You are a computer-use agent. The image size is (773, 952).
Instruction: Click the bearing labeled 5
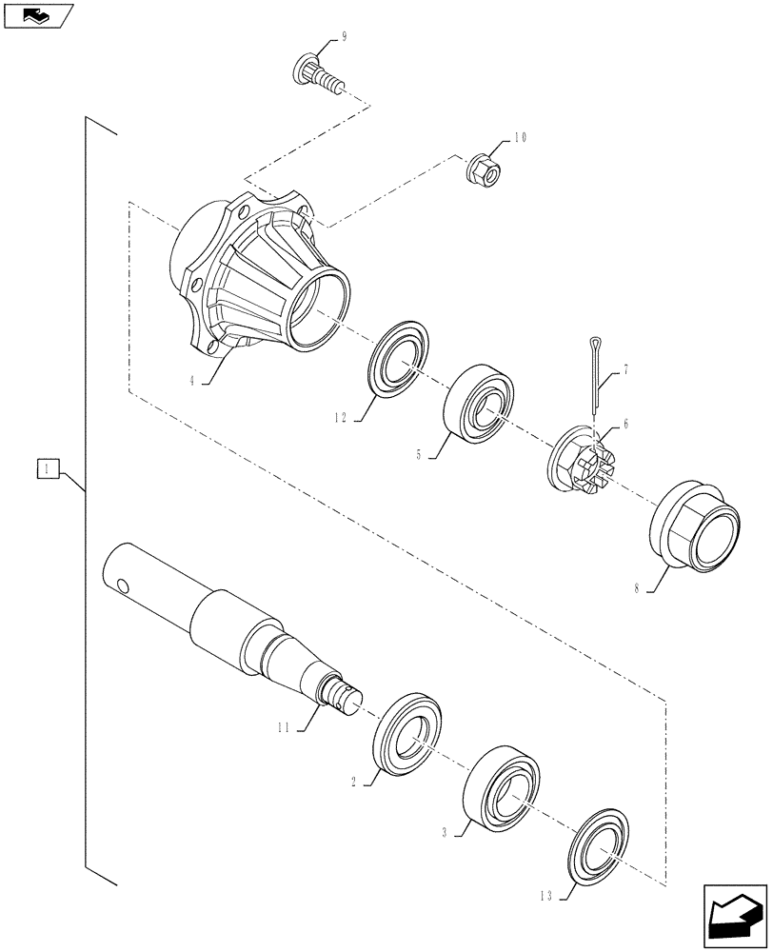coord(480,403)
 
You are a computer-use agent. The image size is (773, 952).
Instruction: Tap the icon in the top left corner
coord(37,15)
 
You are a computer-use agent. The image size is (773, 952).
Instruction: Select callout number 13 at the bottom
coord(545,896)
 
